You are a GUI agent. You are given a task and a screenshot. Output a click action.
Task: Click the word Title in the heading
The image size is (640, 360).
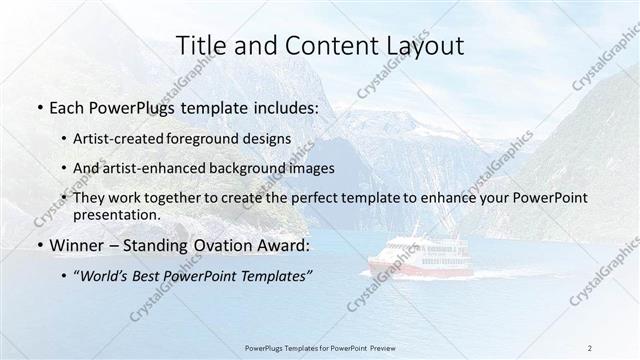coord(200,45)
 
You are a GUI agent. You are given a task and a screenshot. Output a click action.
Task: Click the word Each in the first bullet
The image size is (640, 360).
coord(66,108)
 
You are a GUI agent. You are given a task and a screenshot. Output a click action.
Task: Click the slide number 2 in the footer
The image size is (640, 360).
coord(590,348)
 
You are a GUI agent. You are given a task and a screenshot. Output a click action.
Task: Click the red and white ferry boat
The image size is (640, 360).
coord(410,257)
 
